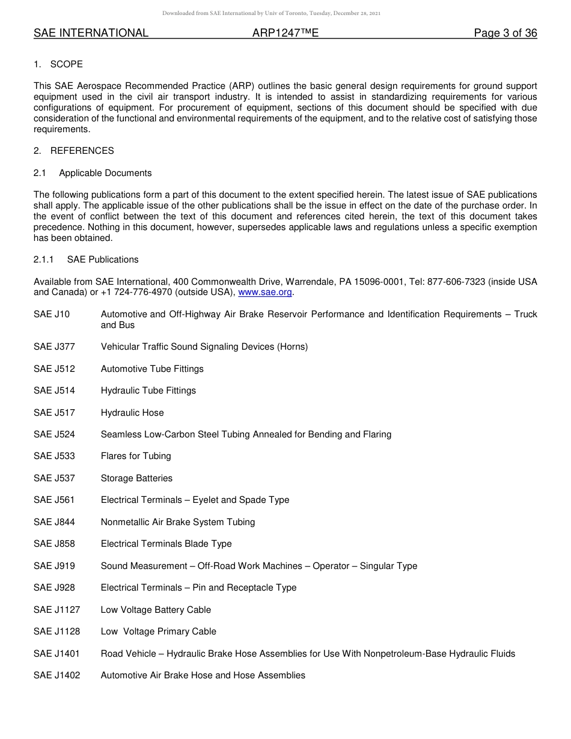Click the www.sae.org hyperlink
click(264, 293)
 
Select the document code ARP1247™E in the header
click(285, 34)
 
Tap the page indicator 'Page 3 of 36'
click(505, 34)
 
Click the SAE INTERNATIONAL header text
click(91, 34)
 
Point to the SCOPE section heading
click(67, 64)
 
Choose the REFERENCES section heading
click(82, 151)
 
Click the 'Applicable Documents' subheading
click(105, 173)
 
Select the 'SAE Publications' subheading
click(103, 260)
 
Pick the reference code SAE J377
click(54, 347)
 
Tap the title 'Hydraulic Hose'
click(132, 413)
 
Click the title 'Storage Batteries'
click(136, 478)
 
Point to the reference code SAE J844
click(54, 522)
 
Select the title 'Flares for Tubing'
click(136, 456)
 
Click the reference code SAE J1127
click(56, 610)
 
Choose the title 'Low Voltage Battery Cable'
click(156, 610)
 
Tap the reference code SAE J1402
click(56, 675)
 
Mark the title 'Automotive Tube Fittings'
click(152, 369)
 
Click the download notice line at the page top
click(271, 13)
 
